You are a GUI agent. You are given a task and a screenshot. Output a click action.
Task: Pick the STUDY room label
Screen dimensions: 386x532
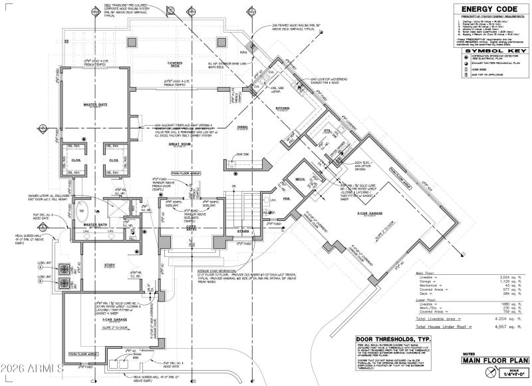point(110,265)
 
